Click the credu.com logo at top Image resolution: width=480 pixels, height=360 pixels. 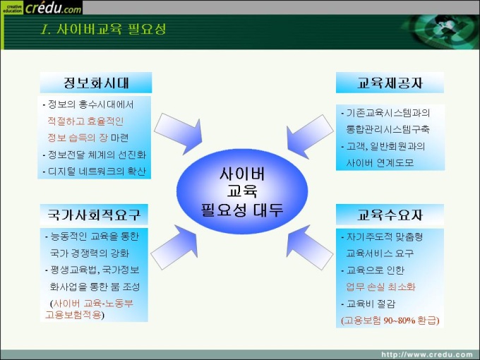[x=42, y=7]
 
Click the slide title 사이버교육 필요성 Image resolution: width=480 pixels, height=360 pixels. [x=103, y=30]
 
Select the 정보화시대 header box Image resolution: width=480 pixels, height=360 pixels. [x=96, y=83]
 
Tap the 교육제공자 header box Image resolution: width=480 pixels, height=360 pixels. [x=390, y=83]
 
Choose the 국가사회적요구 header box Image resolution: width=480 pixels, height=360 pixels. [x=94, y=215]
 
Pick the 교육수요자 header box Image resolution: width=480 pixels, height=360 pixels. [x=390, y=215]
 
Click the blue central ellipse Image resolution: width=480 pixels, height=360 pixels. [x=242, y=191]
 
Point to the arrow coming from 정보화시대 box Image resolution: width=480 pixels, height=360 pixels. [x=180, y=133]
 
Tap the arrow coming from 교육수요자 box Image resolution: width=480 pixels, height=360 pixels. [x=308, y=246]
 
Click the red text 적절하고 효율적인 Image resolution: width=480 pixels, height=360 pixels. [x=85, y=121]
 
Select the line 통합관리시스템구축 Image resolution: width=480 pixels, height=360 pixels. [x=388, y=129]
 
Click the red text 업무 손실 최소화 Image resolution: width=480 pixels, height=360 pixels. [x=380, y=287]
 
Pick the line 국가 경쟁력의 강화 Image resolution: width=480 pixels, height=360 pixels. [x=90, y=253]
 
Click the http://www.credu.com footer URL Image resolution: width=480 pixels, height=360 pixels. [x=427, y=355]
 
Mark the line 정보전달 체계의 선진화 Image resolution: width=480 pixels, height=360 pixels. [x=95, y=155]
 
